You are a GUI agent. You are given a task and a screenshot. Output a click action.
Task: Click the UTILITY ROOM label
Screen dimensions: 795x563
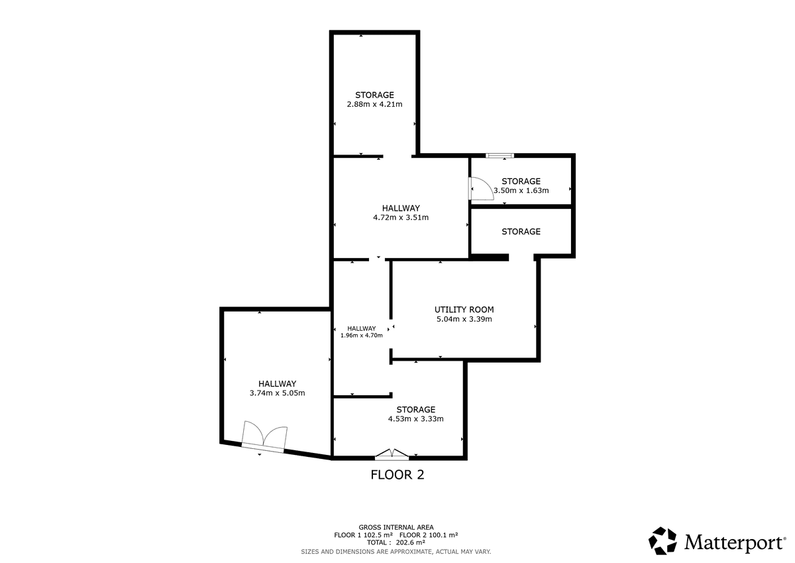464,310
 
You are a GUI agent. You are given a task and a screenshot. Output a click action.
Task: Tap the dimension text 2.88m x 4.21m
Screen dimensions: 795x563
374,104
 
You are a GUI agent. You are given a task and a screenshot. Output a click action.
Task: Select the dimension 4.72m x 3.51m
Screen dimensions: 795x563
401,218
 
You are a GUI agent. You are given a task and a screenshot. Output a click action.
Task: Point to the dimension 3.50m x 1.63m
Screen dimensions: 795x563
521,190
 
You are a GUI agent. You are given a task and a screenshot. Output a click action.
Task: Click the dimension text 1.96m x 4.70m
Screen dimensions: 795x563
361,336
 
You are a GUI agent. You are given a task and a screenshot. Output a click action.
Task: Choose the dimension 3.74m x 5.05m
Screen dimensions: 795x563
277,393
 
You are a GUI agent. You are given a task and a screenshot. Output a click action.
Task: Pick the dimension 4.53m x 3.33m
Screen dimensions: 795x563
415,419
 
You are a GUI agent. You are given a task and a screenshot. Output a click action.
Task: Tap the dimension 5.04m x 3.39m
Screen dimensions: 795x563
464,319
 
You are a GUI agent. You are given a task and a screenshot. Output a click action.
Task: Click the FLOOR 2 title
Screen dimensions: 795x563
397,475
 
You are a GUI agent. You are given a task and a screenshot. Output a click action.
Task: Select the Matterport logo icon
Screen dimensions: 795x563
662,541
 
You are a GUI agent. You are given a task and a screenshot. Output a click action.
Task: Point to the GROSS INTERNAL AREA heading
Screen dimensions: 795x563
396,527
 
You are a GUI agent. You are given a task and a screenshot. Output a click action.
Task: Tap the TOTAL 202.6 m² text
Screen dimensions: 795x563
396,542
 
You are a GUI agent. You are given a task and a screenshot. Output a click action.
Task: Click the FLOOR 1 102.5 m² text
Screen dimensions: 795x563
364,535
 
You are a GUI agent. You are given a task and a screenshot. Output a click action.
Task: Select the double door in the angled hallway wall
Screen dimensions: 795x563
264,437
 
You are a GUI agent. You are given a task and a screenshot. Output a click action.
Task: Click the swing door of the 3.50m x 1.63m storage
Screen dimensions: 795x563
481,188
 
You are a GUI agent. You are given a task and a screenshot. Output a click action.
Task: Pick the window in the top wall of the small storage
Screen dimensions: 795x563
500,156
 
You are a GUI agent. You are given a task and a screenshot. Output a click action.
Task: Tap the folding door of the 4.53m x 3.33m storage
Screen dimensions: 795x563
392,455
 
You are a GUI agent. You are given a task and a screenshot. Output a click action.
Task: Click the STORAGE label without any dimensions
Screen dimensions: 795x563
521,231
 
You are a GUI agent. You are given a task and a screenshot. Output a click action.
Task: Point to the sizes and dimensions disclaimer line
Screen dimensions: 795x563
396,552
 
